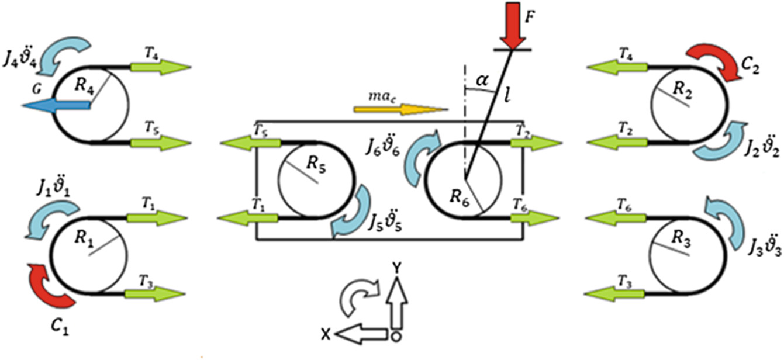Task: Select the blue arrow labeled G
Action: pos(56,105)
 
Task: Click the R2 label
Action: pos(682,90)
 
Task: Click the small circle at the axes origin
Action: pos(397,336)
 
